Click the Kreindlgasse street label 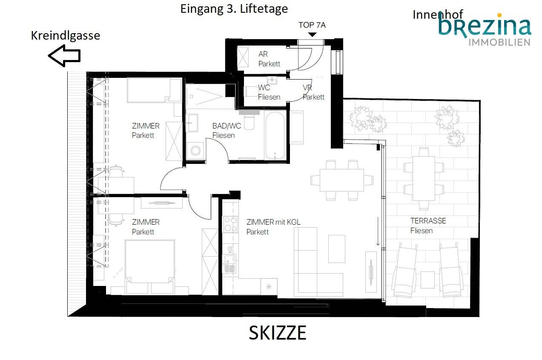65,36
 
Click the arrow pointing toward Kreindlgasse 64,56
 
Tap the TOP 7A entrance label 312,25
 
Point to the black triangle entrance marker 312,34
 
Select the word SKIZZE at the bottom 278,333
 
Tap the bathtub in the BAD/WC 275,135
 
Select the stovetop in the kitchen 230,224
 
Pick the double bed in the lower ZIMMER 150,267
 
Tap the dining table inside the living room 341,180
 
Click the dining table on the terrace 424,178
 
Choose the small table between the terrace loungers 427,280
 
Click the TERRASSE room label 428,221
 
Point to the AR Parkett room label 269,59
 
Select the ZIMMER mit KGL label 273,222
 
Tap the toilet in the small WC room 249,91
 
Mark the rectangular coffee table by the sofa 337,249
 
